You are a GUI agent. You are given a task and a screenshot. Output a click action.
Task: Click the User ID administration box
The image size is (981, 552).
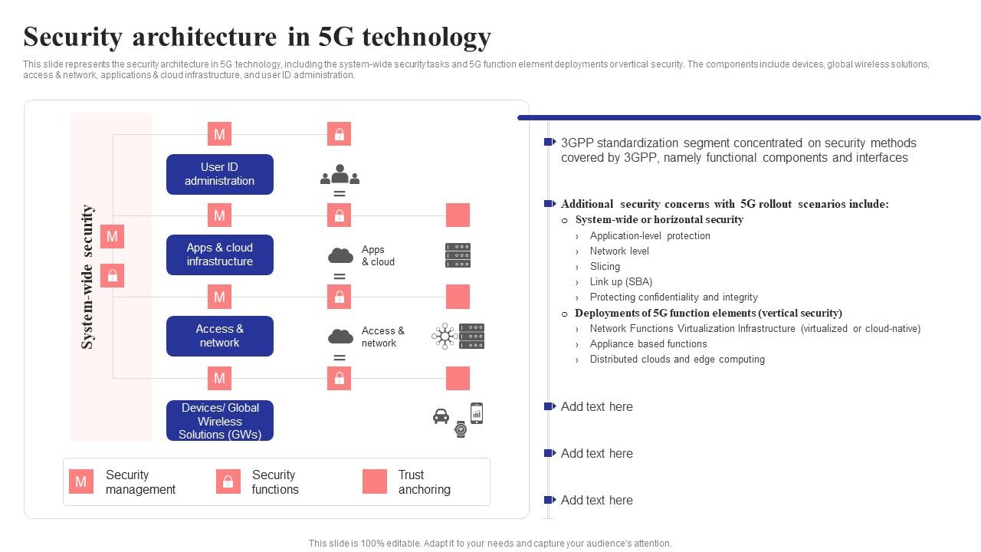[220, 174]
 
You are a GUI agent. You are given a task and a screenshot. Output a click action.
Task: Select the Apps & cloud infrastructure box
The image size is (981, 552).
[220, 255]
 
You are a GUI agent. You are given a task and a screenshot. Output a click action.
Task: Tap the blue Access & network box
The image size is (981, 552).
[220, 336]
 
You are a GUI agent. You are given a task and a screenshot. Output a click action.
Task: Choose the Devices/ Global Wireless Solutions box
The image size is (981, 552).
[220, 421]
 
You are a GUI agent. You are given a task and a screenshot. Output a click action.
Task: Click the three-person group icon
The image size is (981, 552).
[340, 176]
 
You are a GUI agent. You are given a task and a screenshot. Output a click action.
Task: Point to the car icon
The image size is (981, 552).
[441, 416]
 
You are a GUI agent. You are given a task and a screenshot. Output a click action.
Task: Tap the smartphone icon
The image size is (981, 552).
[477, 413]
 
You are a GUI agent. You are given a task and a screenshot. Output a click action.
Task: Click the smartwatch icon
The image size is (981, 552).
[460, 429]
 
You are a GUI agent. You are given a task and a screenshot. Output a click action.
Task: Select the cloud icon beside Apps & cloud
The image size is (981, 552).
[340, 255]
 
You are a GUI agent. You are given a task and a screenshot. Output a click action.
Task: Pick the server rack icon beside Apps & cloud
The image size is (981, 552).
[458, 255]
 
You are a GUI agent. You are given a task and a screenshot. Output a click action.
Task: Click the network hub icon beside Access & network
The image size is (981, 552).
[445, 336]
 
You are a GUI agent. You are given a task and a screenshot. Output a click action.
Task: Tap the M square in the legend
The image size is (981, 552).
[80, 481]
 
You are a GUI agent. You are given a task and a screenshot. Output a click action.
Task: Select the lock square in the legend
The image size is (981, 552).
[228, 481]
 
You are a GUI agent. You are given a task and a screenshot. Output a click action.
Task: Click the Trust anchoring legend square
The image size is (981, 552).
[375, 481]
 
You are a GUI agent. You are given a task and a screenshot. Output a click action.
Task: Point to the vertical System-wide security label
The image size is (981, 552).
[88, 276]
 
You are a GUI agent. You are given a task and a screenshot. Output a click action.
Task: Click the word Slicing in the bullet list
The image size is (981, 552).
[605, 267]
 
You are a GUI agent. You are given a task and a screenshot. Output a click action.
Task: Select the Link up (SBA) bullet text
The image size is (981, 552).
[621, 282]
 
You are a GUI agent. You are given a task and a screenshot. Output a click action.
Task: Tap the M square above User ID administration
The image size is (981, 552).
[219, 134]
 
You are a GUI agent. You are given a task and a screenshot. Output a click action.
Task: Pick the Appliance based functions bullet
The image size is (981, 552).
[648, 344]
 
